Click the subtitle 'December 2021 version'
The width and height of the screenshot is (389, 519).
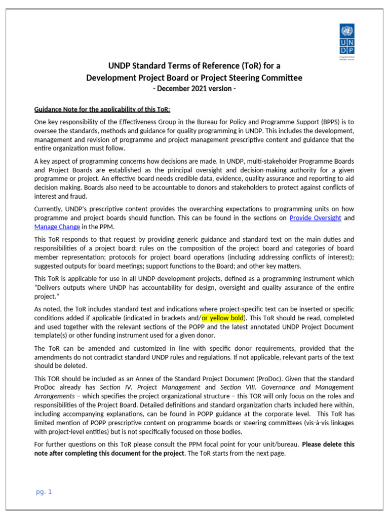(x=194, y=89)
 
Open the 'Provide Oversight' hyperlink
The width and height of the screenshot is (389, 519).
(x=315, y=218)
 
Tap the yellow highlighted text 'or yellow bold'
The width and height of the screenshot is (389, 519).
(x=223, y=318)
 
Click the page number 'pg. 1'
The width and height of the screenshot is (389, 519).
(x=44, y=492)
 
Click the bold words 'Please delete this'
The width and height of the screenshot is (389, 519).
(x=328, y=444)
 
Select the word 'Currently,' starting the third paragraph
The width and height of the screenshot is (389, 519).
(x=50, y=209)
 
